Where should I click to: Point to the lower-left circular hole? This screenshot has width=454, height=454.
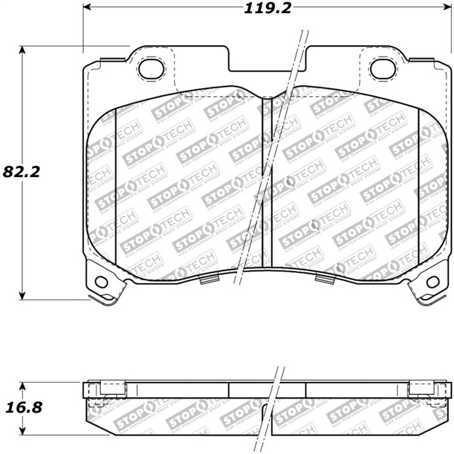tap(101, 281)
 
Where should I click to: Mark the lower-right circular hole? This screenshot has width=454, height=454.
tap(432, 281)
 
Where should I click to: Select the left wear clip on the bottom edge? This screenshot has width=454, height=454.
tap(209, 279)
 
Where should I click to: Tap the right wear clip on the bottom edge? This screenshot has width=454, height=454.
tap(324, 279)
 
